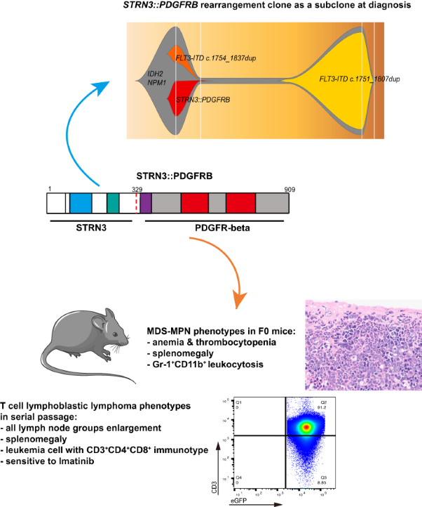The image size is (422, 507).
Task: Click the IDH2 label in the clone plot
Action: (x=155, y=72)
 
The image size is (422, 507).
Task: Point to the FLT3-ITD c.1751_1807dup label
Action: (x=360, y=80)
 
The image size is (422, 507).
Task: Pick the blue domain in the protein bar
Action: (x=81, y=203)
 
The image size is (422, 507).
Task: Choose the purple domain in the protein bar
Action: (x=146, y=203)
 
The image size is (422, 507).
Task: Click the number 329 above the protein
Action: (x=137, y=190)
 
